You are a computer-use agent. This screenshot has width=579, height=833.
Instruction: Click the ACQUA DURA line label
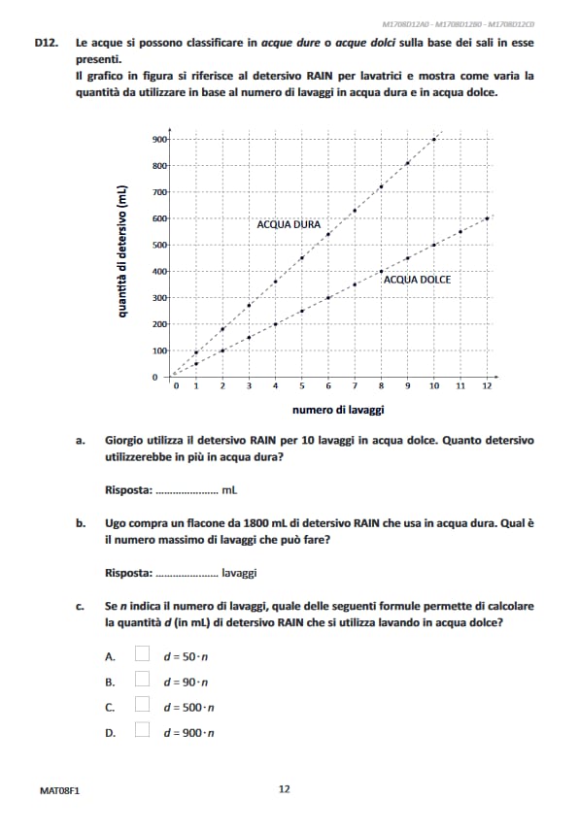(289, 224)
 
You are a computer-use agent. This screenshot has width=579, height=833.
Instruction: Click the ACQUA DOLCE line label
(417, 280)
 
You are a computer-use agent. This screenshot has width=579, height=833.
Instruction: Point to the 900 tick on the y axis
(159, 140)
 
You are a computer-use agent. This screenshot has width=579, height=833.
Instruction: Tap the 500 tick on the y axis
(159, 245)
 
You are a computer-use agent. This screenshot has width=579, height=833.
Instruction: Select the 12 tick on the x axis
(487, 386)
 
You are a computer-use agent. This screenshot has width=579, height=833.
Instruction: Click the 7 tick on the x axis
(355, 386)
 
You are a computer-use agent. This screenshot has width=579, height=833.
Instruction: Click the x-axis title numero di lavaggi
(338, 410)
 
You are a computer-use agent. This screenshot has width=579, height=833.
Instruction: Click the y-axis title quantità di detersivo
(122, 252)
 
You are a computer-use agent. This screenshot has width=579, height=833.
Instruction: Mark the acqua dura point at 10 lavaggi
(434, 140)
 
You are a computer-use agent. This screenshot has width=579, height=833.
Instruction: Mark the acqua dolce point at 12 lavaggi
(487, 218)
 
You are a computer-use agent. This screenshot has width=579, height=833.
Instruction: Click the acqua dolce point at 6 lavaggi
(328, 297)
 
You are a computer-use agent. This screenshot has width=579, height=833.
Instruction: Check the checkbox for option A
(142, 655)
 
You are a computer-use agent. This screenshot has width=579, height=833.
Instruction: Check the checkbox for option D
(142, 731)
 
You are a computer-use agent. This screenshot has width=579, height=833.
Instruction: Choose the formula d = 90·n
(186, 682)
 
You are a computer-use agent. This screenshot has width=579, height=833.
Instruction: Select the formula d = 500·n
(188, 707)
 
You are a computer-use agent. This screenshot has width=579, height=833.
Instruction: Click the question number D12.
(48, 44)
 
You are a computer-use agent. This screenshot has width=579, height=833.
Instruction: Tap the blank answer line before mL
(187, 490)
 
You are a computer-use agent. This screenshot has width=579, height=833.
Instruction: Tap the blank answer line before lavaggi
(187, 573)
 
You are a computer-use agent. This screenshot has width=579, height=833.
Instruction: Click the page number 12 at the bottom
(284, 789)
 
